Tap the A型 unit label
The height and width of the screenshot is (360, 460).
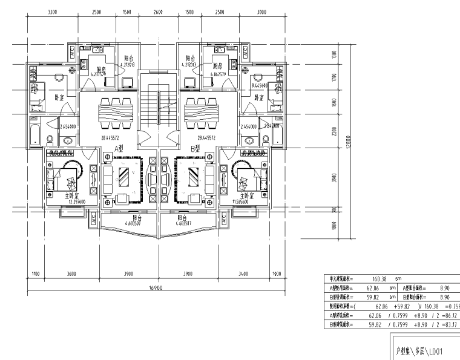point(119,148)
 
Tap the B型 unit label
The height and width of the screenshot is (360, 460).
point(195,148)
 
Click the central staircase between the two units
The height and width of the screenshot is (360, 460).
point(157,109)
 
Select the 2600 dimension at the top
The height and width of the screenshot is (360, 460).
point(157,11)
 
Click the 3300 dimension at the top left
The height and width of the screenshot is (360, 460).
point(52,11)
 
